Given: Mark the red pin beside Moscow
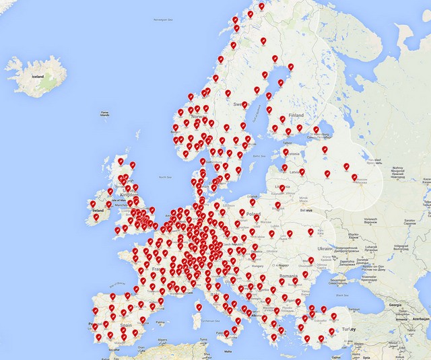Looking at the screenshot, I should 355,178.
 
